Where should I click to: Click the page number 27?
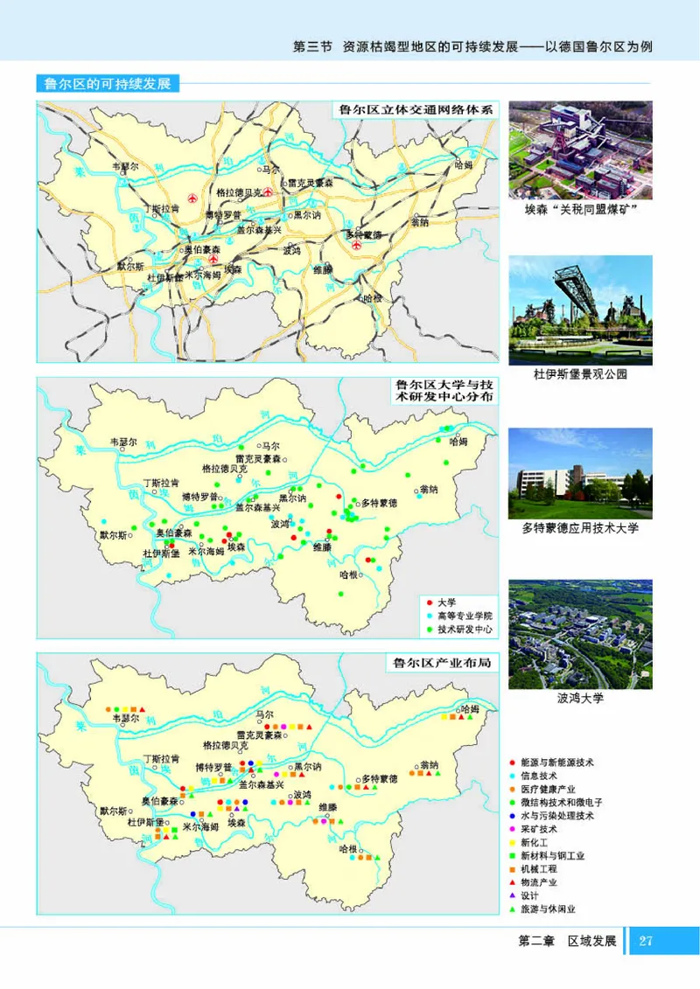tap(647, 941)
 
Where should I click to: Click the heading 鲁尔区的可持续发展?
tap(106, 85)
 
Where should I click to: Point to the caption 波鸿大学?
tap(580, 699)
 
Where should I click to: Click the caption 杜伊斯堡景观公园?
tap(580, 374)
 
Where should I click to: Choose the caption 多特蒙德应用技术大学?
tap(580, 528)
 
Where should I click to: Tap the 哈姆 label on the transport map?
tap(465, 164)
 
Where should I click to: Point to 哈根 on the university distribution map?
tap(348, 575)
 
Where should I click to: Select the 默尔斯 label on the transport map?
tap(130, 265)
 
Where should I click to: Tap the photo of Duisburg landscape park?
tap(580, 310)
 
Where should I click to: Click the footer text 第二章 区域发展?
tap(568, 941)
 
